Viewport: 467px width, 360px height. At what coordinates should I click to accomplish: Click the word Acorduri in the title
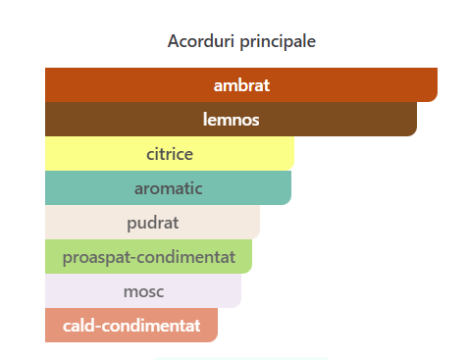tap(201, 41)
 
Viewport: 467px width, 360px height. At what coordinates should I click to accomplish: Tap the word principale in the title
tap(278, 42)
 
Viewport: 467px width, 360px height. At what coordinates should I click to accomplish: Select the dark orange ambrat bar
tap(241, 85)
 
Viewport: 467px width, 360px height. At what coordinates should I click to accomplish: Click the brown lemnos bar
tap(231, 119)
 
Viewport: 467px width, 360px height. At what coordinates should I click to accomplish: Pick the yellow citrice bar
tap(170, 153)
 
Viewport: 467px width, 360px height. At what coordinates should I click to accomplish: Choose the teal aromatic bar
tap(168, 187)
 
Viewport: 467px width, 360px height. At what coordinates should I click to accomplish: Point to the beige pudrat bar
tap(152, 222)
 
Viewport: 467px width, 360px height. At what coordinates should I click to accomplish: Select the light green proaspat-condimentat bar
tap(148, 256)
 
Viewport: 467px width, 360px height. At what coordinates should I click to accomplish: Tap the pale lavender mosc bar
tap(143, 290)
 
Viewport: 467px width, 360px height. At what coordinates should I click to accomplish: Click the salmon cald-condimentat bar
tap(131, 325)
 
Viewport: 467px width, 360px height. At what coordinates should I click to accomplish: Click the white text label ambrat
tap(241, 85)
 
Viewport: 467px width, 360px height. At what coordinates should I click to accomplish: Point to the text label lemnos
tap(232, 120)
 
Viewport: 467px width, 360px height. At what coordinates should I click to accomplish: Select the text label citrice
tap(170, 154)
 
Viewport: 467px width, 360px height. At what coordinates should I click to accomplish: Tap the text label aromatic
tap(169, 188)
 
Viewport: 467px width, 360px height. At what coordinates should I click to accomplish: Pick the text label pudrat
tap(153, 224)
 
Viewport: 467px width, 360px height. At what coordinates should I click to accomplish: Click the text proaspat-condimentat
tap(149, 258)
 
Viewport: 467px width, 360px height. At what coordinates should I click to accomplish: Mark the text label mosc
tap(143, 291)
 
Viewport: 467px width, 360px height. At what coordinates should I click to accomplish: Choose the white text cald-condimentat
tap(131, 326)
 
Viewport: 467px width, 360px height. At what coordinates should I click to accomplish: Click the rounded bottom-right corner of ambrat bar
tap(435, 99)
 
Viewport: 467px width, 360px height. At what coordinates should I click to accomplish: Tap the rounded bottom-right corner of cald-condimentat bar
tap(215, 339)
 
